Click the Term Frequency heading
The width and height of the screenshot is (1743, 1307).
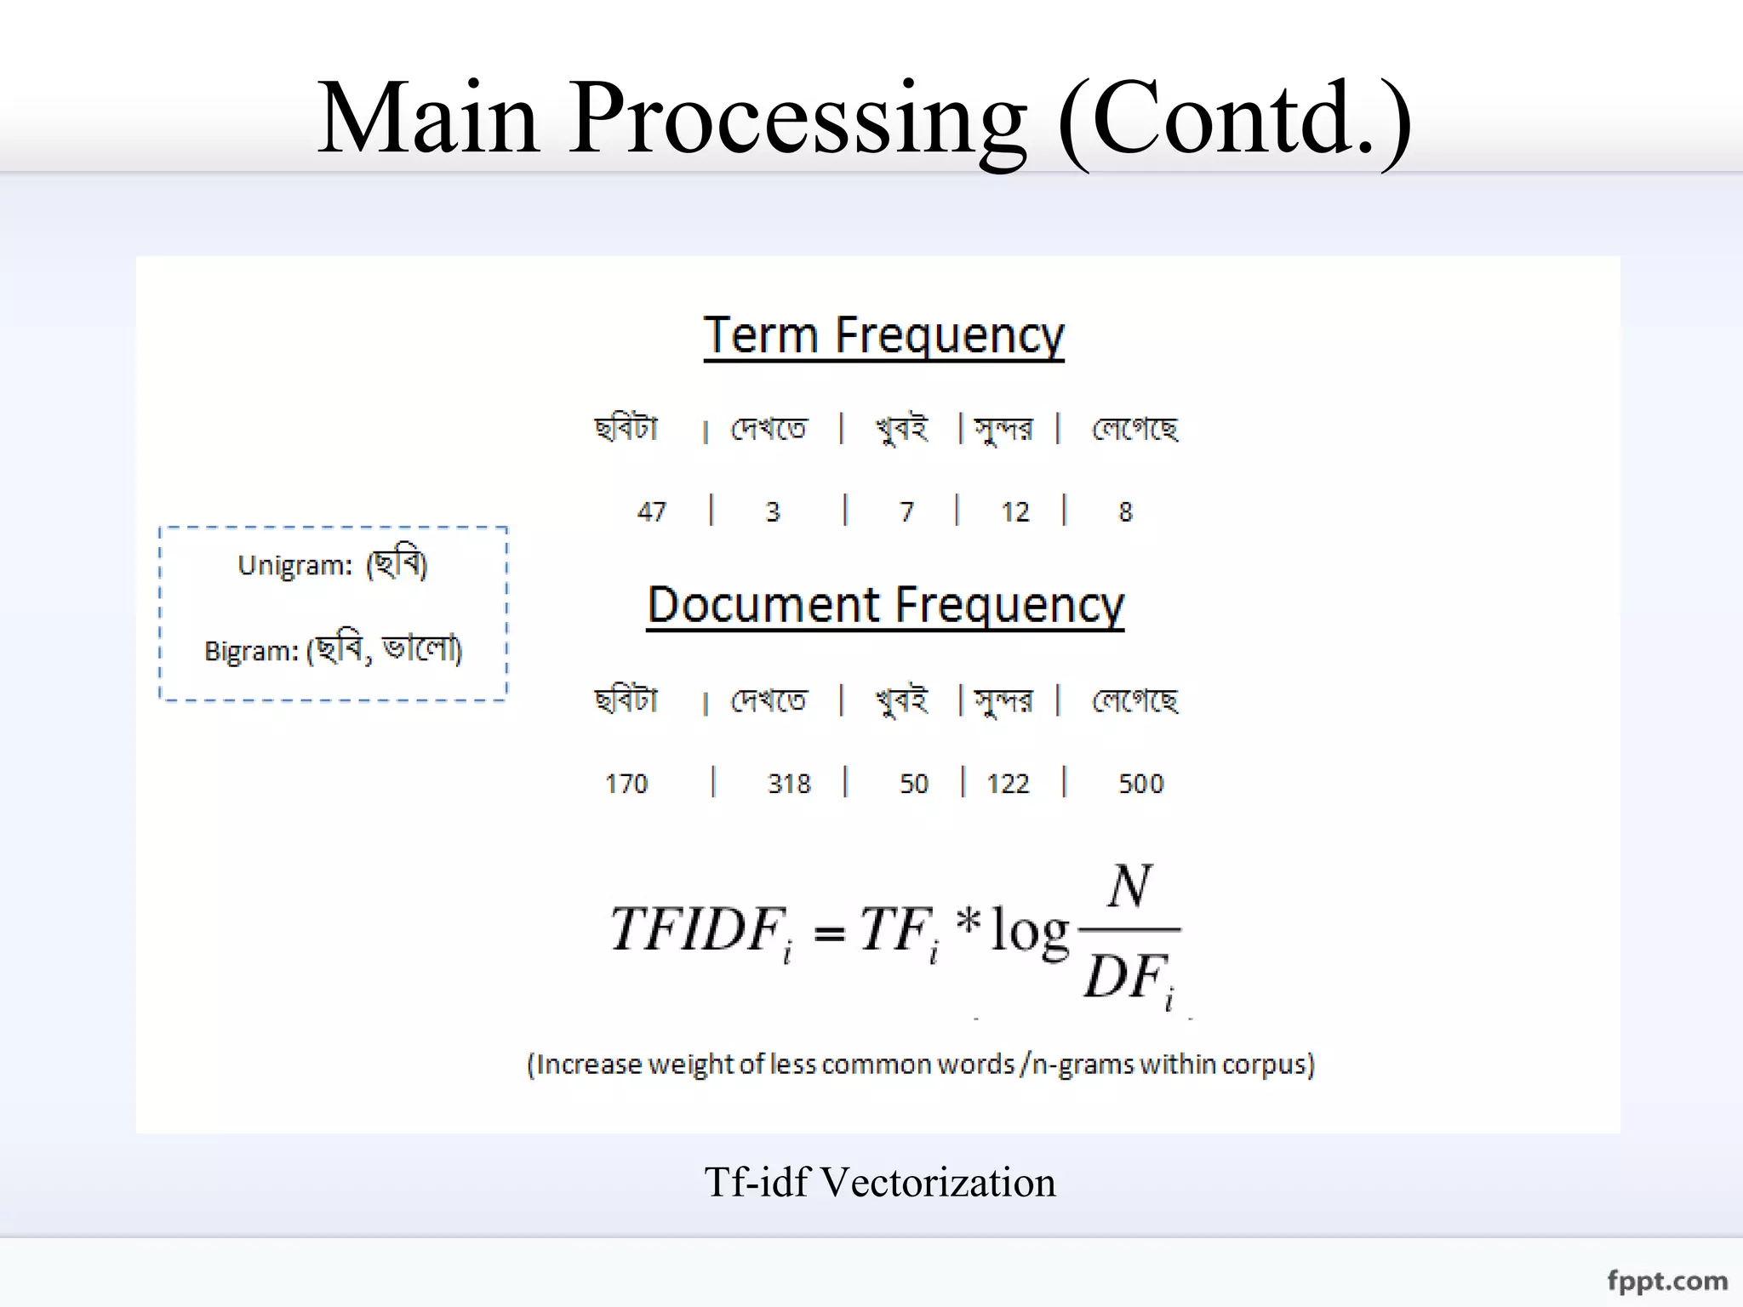(883, 335)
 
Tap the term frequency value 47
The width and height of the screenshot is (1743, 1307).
(652, 511)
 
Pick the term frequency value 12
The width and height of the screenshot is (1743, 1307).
(1015, 511)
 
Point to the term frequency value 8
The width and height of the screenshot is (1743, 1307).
(1125, 511)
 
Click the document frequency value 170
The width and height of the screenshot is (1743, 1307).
(626, 783)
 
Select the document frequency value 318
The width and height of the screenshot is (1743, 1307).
(789, 783)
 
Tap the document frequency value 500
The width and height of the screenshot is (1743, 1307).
(1140, 783)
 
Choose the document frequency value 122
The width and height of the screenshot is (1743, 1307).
(1008, 783)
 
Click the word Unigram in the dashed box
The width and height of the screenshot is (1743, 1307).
(294, 566)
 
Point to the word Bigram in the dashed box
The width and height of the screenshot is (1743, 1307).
(251, 652)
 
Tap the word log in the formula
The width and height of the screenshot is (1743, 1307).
(1030, 931)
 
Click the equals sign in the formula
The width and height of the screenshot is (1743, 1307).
(829, 934)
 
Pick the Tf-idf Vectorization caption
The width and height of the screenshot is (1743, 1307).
(880, 1182)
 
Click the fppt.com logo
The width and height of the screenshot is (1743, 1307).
(1667, 1281)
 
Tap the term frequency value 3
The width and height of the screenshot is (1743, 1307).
(773, 511)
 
